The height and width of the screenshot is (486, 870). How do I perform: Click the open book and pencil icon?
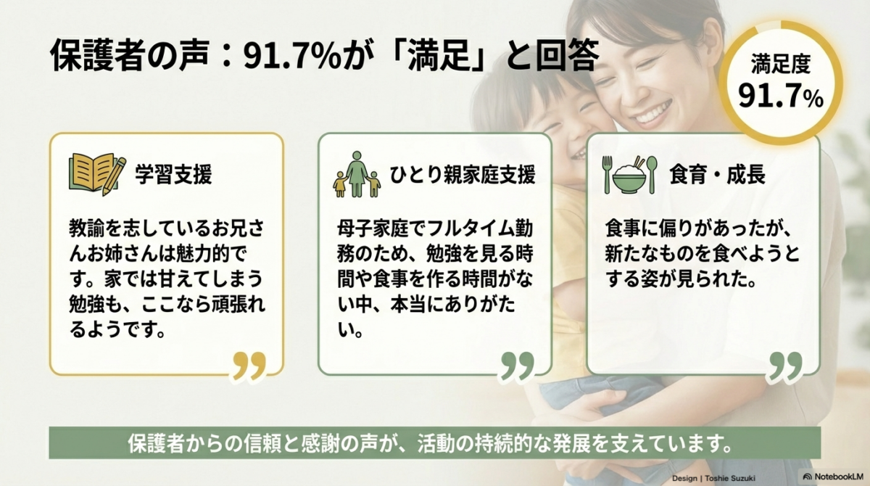coord(97,173)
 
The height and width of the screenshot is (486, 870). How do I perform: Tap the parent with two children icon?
coord(357,174)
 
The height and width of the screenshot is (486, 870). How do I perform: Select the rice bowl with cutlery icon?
coord(629,174)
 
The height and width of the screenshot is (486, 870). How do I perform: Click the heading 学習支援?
coord(173,174)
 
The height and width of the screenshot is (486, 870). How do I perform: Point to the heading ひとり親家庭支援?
coord(463,174)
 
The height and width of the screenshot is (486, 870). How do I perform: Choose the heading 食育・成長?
coord(717,174)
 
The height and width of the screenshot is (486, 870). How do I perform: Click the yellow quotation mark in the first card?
coord(249,366)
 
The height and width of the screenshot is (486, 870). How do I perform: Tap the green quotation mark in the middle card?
coord(518,366)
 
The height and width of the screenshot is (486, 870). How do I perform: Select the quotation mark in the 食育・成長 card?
coord(785,366)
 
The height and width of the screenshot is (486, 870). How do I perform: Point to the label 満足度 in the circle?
coord(781,64)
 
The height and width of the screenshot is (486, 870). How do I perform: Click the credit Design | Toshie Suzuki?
coord(713,478)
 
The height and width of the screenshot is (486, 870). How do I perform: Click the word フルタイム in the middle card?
coord(461,229)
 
